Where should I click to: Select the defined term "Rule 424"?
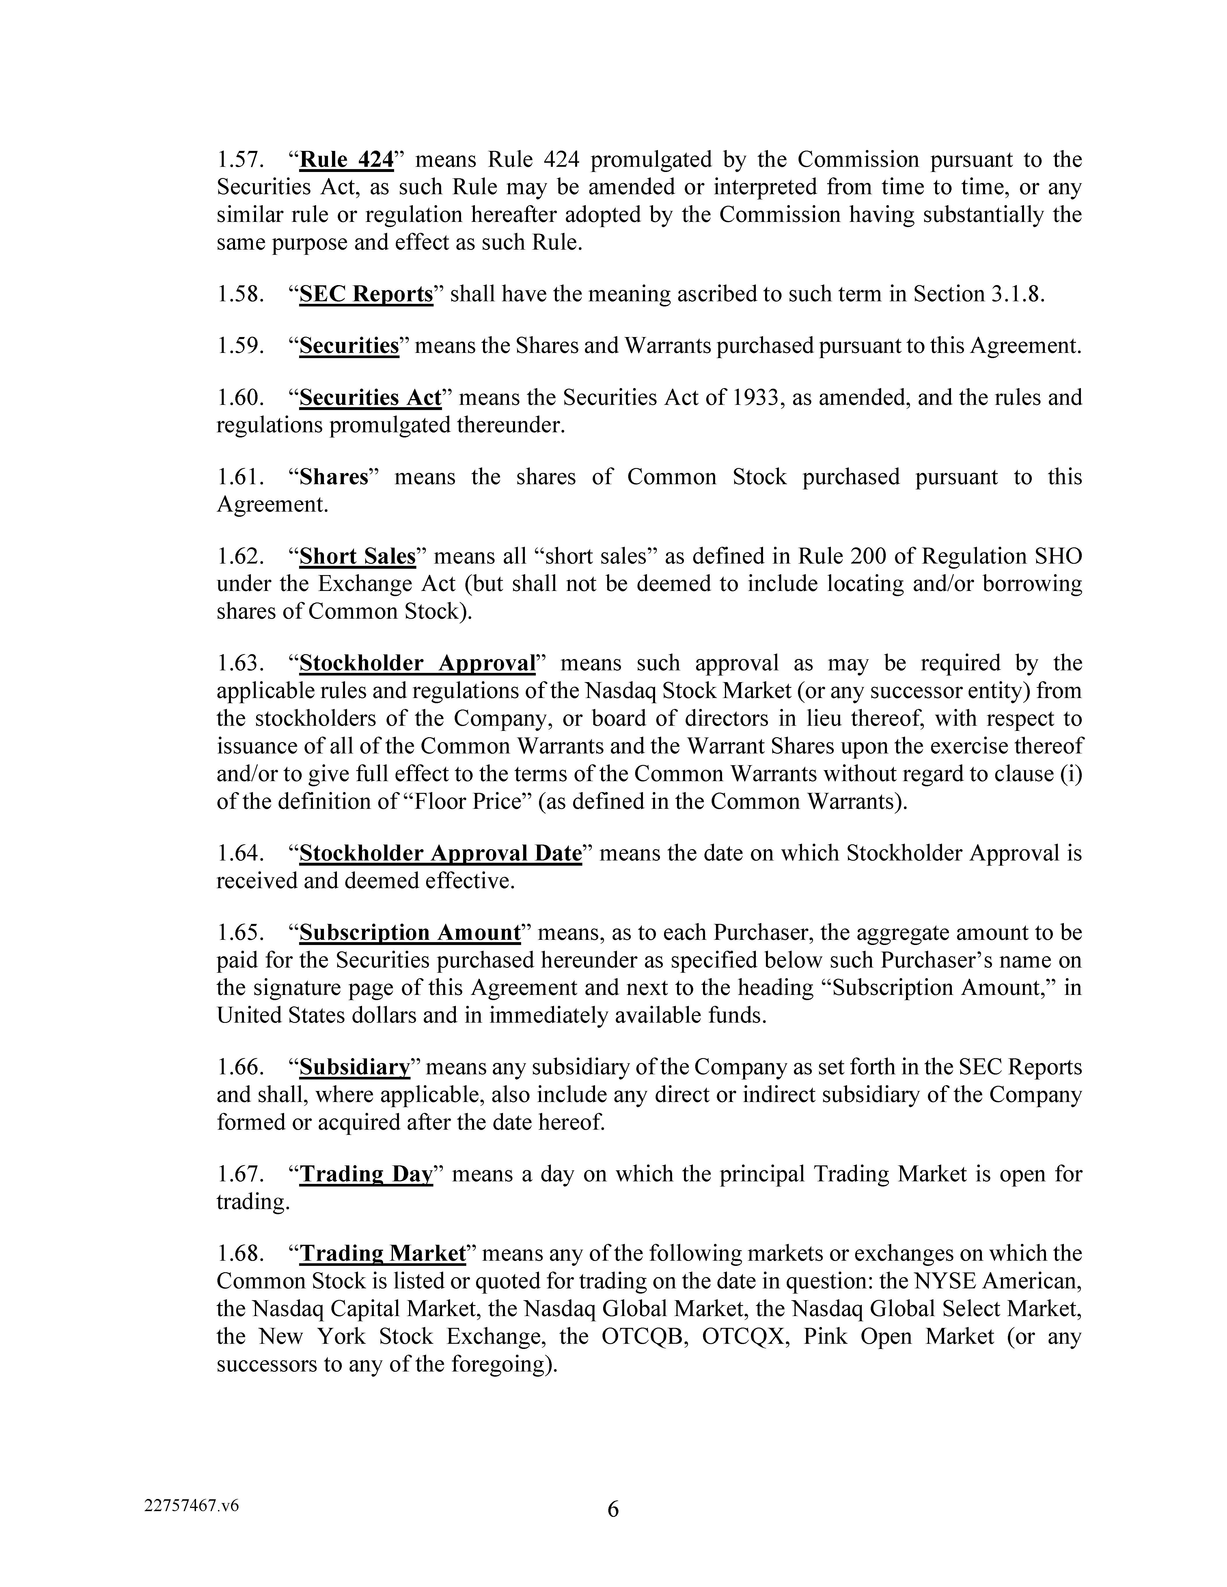click(346, 159)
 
